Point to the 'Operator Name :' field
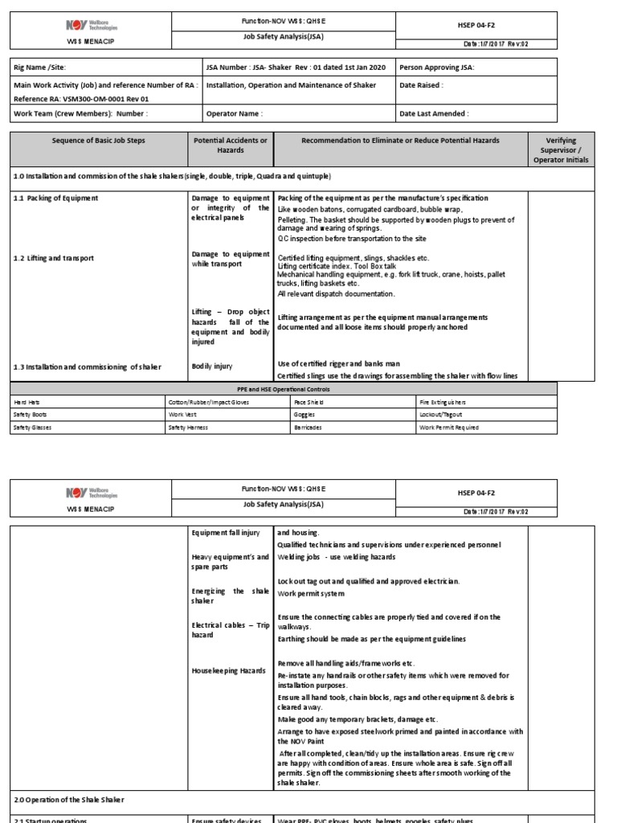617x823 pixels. pos(235,113)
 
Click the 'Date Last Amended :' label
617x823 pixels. pos(434,113)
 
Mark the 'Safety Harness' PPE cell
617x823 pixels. pos(188,428)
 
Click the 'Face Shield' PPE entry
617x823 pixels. pos(311,401)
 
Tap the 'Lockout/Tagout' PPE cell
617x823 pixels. pos(440,415)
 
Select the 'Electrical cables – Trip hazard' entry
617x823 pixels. pos(230,629)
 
